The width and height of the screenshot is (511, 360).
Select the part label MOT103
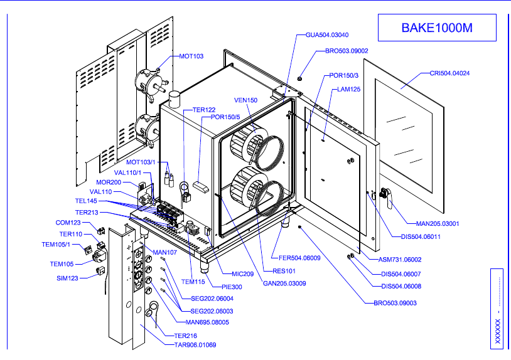point(191,56)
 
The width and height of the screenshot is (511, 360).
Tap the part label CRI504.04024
point(449,73)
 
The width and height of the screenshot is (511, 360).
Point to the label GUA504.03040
point(327,35)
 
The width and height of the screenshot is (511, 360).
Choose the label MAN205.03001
point(437,223)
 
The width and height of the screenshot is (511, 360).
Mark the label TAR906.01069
point(195,344)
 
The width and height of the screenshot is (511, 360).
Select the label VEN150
point(246,100)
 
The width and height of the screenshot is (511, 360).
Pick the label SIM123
point(67,277)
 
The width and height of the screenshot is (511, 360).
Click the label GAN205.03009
point(284,283)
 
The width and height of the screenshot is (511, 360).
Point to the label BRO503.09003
point(395,303)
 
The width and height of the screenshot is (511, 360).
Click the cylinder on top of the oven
point(173,98)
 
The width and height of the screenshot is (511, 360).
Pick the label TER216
point(186,336)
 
